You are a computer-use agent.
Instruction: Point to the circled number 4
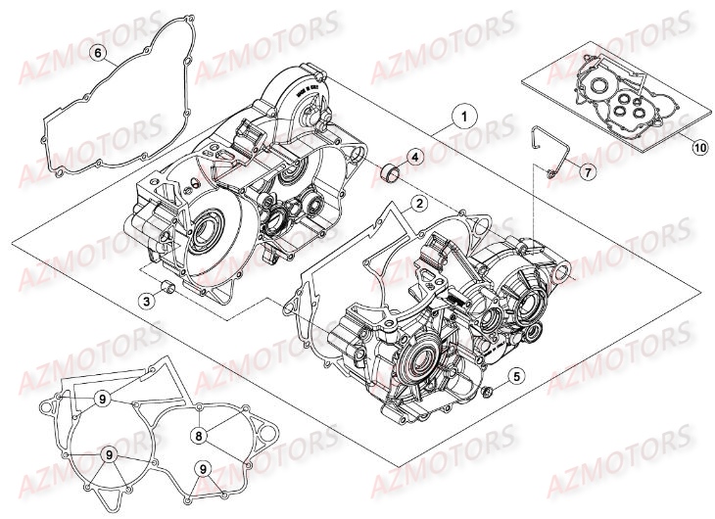(415, 157)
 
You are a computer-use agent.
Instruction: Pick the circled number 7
(587, 171)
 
